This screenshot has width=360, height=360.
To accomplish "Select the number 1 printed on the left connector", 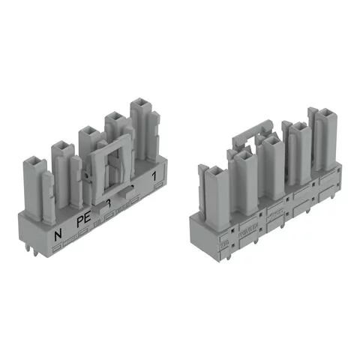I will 154,177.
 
